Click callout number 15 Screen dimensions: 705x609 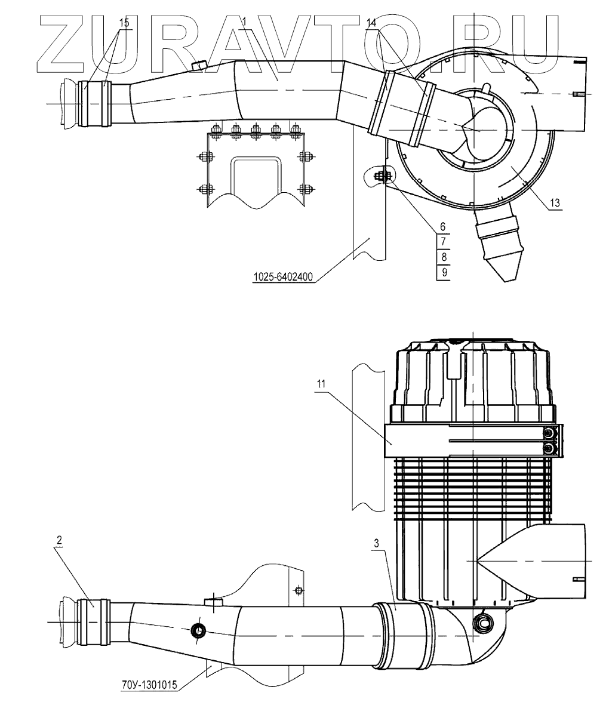point(124,22)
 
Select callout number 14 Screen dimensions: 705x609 point(371,22)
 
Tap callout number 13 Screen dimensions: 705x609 point(555,204)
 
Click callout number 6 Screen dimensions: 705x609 point(442,227)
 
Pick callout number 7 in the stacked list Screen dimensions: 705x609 point(442,242)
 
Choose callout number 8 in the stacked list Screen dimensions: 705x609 point(442,257)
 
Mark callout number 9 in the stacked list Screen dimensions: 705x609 point(442,272)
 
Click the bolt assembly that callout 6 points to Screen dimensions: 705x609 point(381,176)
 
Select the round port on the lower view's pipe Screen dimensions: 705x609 point(198,630)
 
